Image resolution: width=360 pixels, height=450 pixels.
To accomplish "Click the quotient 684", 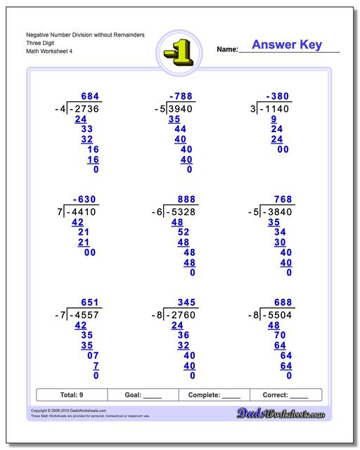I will click(x=91, y=96).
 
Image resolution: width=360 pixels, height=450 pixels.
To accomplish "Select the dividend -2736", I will click(x=85, y=109).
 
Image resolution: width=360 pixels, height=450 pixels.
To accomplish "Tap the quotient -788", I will click(x=181, y=96).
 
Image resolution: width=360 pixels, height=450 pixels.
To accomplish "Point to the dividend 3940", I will click(x=181, y=109).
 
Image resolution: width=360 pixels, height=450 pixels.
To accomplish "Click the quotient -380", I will click(x=278, y=96).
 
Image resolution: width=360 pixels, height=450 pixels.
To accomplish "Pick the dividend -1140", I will click(x=276, y=109).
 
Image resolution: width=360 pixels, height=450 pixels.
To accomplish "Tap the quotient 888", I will click(x=185, y=199).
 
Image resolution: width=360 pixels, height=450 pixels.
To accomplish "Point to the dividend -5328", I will click(x=181, y=212).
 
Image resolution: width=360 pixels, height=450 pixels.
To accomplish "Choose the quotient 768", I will click(x=281, y=199).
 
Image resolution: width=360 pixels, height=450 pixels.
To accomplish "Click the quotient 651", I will click(x=91, y=302).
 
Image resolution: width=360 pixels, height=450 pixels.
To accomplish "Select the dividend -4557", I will click(x=85, y=315).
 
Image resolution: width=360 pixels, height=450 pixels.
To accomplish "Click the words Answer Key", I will click(x=287, y=45).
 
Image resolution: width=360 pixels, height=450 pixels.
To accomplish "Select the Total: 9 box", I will click(x=72, y=394).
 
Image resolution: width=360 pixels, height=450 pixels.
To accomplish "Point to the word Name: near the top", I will click(x=227, y=49).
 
